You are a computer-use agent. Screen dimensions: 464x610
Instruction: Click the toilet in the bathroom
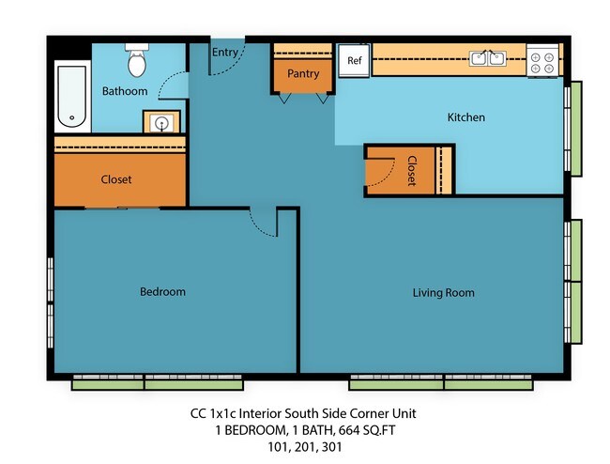[137, 60]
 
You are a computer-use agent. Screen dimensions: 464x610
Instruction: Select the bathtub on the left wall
[71, 97]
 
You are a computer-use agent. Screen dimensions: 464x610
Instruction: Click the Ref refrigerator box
[354, 60]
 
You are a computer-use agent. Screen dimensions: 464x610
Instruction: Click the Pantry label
[303, 73]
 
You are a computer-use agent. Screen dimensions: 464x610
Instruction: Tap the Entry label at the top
[225, 53]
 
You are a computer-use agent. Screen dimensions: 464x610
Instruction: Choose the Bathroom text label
[125, 91]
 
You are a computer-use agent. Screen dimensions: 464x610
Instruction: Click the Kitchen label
[465, 117]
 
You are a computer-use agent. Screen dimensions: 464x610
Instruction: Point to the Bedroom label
[162, 291]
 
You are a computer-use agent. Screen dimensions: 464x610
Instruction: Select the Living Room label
[443, 292]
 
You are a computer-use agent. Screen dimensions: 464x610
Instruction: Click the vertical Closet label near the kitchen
[411, 171]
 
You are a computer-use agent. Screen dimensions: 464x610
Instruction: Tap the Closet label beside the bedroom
[116, 179]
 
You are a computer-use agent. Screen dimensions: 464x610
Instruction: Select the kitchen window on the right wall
[574, 116]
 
